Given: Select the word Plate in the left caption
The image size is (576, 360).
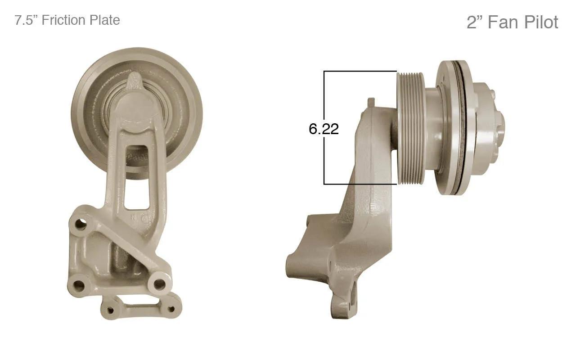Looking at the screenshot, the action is click(103, 20).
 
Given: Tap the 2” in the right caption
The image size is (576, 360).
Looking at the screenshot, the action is click(474, 22).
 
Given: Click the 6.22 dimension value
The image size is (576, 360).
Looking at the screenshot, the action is click(324, 129).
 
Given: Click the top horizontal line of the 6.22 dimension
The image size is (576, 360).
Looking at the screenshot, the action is click(360, 71).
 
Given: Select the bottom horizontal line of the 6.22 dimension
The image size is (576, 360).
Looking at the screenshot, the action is click(360, 184).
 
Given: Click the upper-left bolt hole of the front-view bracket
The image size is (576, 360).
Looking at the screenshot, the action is click(81, 224).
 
